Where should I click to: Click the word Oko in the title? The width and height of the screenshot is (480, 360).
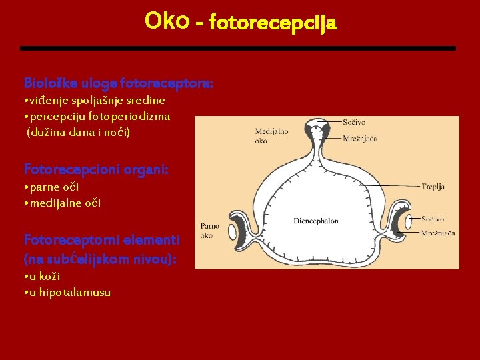point(167,22)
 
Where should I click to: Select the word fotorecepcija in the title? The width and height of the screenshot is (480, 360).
point(273,24)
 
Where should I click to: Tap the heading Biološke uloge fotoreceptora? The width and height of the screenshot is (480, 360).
point(119,84)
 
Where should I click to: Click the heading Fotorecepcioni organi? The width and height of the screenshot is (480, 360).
point(96,169)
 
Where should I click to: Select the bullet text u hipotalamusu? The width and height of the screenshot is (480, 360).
point(70,292)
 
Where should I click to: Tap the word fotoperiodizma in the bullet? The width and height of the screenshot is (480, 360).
point(133,116)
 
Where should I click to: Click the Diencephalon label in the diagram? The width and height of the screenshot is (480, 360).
point(315,221)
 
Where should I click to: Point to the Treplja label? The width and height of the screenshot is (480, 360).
point(433,187)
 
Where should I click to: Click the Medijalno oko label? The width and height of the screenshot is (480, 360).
point(271,136)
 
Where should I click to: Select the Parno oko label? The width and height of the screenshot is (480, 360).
point(211,231)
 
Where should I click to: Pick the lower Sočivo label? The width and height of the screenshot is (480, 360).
point(433,219)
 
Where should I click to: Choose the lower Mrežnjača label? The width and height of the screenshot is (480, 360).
point(439,233)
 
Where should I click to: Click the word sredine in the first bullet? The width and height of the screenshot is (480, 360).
point(146,100)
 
